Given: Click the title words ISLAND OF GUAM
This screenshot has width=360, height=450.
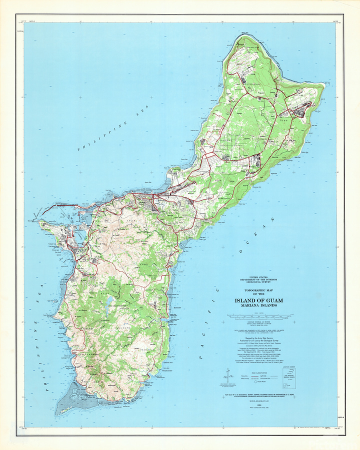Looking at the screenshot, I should (258, 300).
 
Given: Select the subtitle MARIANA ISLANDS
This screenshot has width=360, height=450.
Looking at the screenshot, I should (258, 306).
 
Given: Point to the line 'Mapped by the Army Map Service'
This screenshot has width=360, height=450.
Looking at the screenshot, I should (258, 338).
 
